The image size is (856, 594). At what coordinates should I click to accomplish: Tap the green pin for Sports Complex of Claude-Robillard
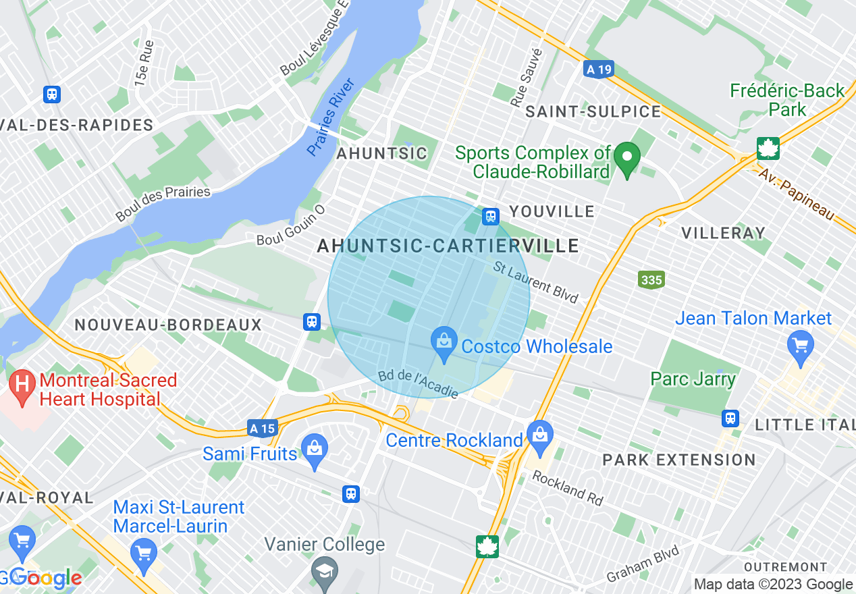click(627, 159)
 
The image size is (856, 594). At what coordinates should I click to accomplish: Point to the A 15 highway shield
click(262, 428)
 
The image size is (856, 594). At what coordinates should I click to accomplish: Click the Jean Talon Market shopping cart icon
click(800, 346)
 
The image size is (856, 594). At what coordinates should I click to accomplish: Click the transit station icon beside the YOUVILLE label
click(491, 216)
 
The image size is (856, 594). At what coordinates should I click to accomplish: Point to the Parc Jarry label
click(693, 379)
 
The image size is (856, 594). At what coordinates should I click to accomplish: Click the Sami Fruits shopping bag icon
click(315, 448)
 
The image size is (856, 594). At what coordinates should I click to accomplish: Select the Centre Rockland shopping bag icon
click(540, 433)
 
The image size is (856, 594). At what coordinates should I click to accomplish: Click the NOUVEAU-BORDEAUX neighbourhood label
click(168, 325)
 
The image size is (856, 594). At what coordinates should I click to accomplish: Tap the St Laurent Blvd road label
click(535, 282)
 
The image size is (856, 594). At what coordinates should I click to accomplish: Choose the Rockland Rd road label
click(567, 487)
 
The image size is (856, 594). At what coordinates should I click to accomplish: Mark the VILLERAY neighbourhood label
click(723, 234)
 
